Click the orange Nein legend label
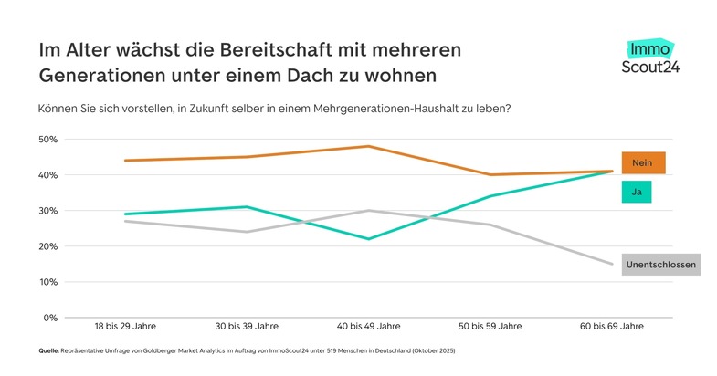pos(643,162)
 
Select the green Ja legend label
pos(636,193)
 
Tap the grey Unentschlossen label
pos(660,266)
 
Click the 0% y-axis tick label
pos(50,318)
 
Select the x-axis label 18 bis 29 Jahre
pos(125,326)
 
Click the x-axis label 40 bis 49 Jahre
pos(369,326)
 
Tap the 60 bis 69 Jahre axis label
pos(612,326)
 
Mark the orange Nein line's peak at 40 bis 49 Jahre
pos(369,146)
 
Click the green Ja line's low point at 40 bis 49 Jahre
pos(369,239)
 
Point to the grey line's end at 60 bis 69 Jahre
pos(612,264)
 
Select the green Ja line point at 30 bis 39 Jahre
pos(247,207)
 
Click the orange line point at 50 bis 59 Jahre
pos(490,174)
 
